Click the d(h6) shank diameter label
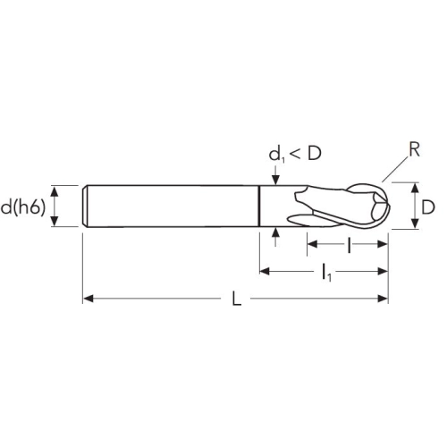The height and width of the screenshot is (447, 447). [x=23, y=207]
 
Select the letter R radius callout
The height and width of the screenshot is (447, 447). [x=414, y=149]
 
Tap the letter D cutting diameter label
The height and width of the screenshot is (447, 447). [x=428, y=207]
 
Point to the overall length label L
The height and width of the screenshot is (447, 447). [x=236, y=299]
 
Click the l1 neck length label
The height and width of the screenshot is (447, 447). [x=326, y=273]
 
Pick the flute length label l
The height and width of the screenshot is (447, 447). [x=349, y=245]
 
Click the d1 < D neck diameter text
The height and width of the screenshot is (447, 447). [x=295, y=154]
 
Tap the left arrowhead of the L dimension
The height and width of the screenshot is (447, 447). [x=88, y=299]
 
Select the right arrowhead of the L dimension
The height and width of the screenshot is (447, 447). [x=383, y=299]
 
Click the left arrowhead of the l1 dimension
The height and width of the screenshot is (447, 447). [x=265, y=271]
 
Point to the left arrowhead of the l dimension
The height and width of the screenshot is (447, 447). [x=312, y=244]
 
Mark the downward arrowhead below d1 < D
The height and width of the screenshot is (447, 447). [x=276, y=180]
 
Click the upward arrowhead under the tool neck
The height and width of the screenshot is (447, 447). [x=276, y=232]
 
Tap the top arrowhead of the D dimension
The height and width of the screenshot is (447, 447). [x=415, y=188]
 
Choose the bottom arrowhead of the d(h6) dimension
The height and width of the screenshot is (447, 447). [x=54, y=221]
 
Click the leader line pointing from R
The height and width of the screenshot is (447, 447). [x=394, y=169]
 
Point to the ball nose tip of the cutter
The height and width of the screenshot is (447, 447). [x=389, y=206]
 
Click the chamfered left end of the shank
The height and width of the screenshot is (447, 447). [x=85, y=206]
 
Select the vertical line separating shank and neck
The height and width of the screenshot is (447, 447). [x=259, y=206]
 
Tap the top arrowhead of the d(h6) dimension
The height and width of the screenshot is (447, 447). [x=54, y=191]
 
